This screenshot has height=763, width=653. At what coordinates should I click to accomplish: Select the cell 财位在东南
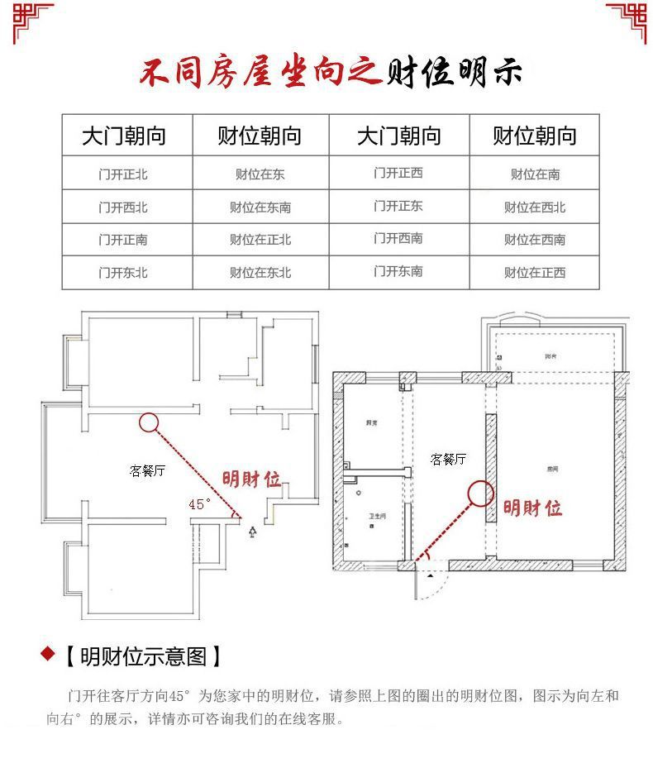click(x=260, y=207)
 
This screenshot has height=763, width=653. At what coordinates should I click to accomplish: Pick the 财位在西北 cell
click(x=535, y=207)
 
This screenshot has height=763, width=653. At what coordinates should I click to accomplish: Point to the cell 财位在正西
click(x=535, y=272)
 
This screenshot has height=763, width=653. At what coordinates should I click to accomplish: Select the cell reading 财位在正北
click(x=260, y=240)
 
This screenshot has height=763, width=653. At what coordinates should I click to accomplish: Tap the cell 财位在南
click(x=535, y=174)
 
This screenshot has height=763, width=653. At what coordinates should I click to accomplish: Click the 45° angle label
click(x=200, y=503)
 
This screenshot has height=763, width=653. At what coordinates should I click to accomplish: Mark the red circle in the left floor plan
click(x=148, y=423)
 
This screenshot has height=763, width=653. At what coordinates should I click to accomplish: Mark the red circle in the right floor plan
click(x=480, y=494)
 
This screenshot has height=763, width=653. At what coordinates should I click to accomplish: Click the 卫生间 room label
click(x=377, y=517)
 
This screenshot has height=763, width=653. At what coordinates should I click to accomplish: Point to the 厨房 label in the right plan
click(x=371, y=422)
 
